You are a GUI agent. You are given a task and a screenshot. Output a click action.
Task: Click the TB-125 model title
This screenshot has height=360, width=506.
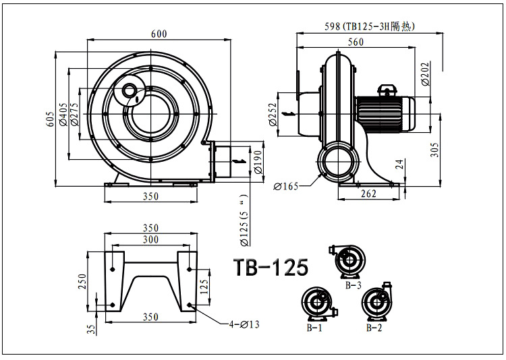click(x=271, y=267)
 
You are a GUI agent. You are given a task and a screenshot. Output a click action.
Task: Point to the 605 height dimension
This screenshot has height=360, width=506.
click(x=49, y=119)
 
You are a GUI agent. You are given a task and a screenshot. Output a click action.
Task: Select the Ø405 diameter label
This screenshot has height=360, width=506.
click(x=63, y=113)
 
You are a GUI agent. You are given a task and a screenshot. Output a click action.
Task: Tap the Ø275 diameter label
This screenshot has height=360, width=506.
click(x=74, y=113)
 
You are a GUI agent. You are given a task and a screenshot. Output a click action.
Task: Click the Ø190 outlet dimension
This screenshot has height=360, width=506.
click(x=257, y=162)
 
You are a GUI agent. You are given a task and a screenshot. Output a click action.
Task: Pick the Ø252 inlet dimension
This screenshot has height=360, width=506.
click(x=273, y=115)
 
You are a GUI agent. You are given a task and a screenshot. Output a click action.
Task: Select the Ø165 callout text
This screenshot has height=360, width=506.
click(x=287, y=185)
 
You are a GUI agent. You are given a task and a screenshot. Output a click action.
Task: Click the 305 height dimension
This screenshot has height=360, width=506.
click(x=436, y=149)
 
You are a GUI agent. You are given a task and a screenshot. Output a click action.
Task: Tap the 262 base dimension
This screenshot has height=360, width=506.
click(x=368, y=194)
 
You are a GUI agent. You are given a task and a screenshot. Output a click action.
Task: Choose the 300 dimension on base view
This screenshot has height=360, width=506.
click(x=150, y=240)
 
